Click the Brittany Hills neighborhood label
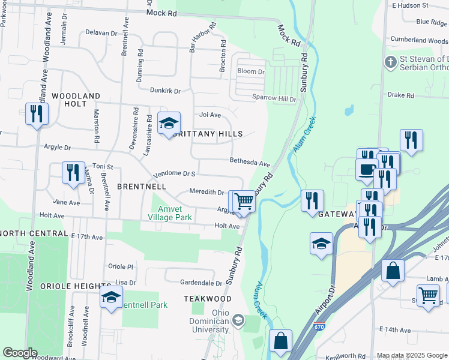coord(207,134)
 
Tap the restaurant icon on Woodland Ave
coord(37,113)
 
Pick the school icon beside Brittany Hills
coord(169,124)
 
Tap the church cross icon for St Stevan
coord(390,62)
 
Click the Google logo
coord(20,353)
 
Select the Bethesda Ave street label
coord(250,161)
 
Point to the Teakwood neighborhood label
coord(208,298)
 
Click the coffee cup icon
coord(366,169)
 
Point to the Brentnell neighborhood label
coord(142,187)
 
